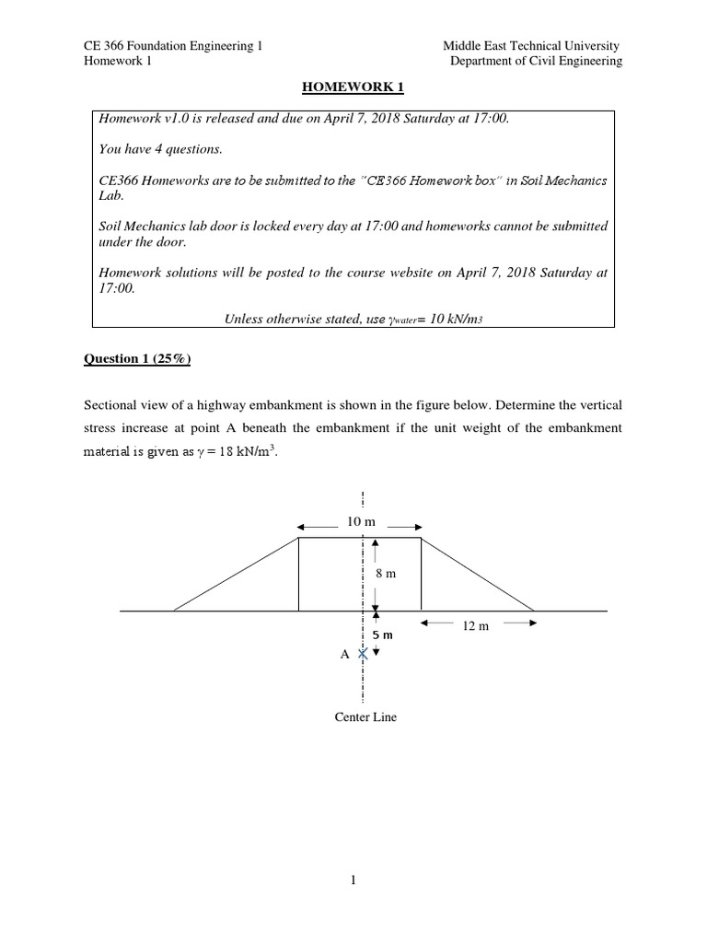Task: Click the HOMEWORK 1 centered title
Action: [x=354, y=87]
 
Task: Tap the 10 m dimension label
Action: [x=361, y=522]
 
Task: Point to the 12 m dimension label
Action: [x=475, y=625]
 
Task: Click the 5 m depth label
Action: [x=382, y=635]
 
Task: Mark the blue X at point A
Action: [x=365, y=654]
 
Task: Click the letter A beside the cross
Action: [x=345, y=655]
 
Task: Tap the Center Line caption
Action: [x=365, y=716]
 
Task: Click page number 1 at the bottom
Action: [x=353, y=880]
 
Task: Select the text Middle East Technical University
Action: [x=531, y=46]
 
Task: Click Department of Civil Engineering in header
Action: [x=536, y=62]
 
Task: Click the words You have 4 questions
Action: [x=160, y=149]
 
